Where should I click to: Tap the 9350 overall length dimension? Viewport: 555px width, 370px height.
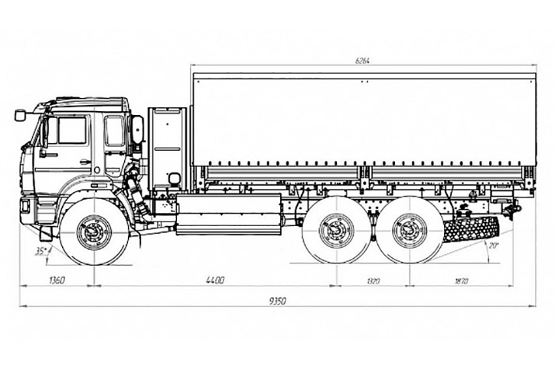point(277,301)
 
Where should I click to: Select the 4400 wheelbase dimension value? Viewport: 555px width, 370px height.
point(215,281)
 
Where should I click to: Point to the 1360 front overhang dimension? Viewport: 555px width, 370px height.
point(56,281)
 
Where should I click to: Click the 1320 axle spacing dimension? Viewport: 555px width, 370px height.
point(374,281)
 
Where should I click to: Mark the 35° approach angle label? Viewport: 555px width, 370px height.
point(39,250)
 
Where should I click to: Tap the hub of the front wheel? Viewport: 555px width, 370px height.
point(94,231)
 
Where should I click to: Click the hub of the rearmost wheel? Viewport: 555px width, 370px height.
point(410,230)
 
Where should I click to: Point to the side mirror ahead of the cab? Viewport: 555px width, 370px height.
point(20,115)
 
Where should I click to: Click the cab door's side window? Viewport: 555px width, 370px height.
point(72,130)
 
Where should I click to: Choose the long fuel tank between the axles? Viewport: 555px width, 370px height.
point(228,214)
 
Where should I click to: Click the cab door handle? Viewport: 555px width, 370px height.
point(84,162)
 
